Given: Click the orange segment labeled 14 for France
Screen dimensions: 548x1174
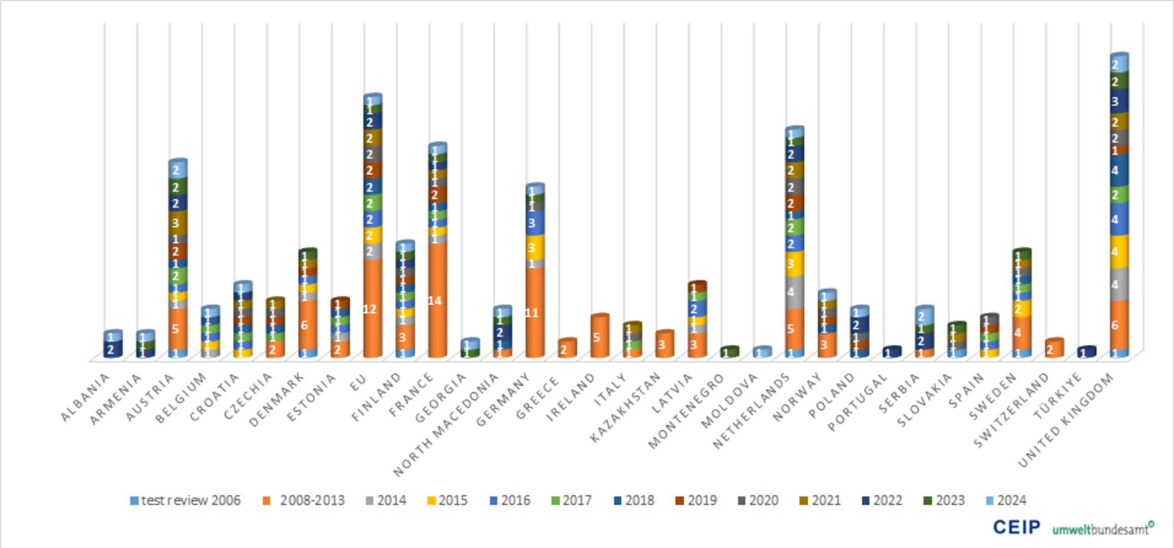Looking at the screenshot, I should pyautogui.click(x=437, y=300).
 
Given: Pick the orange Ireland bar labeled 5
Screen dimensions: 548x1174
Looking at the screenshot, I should pyautogui.click(x=599, y=337).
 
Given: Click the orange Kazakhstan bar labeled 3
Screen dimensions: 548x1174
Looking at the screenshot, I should pyautogui.click(x=664, y=344).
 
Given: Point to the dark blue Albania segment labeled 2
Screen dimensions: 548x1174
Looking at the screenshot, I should pyautogui.click(x=112, y=350).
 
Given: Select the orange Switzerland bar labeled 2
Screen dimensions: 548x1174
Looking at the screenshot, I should pyautogui.click(x=1054, y=349).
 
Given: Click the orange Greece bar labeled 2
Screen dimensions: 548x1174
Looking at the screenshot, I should pyautogui.click(x=566, y=349).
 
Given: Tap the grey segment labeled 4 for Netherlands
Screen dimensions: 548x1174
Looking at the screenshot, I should pyautogui.click(x=794, y=292).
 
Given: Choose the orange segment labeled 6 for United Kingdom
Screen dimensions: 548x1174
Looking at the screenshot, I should pyautogui.click(x=1118, y=324).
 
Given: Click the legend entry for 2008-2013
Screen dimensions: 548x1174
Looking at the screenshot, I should pyautogui.click(x=305, y=500).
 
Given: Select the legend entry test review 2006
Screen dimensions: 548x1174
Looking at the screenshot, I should pyautogui.click(x=185, y=500).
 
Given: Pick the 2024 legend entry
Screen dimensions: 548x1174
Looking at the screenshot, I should pyautogui.click(x=1006, y=500).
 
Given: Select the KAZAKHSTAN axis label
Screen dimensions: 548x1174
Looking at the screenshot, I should pyautogui.click(x=625, y=408).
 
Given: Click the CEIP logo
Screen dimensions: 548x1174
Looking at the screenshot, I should pyautogui.click(x=1016, y=527).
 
